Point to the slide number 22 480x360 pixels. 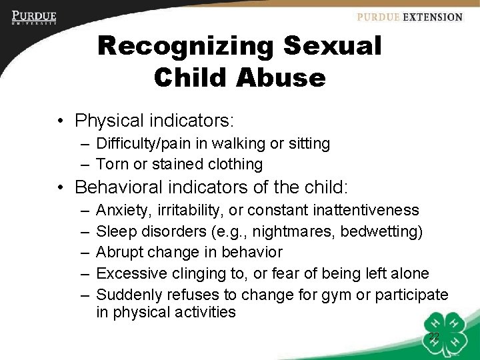click(x=434, y=337)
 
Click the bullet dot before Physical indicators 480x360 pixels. click(x=61, y=121)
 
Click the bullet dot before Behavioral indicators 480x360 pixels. click(x=61, y=186)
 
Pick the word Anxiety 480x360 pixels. click(x=125, y=211)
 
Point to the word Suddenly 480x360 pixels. click(x=128, y=293)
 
